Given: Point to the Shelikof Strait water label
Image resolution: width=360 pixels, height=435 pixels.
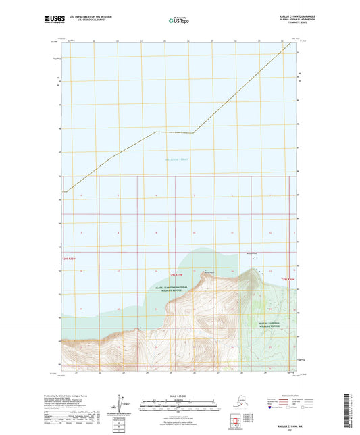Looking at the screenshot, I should click(x=178, y=159).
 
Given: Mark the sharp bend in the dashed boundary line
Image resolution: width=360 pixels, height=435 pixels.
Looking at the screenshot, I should click(x=193, y=133).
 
